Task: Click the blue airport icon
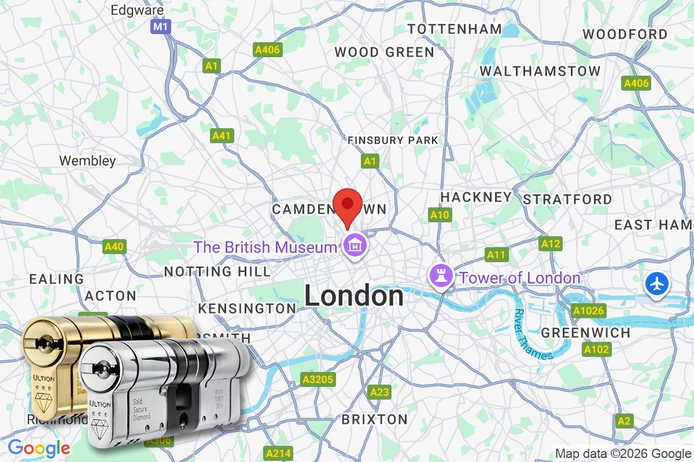pyautogui.click(x=658, y=284)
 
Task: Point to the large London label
pyautogui.click(x=354, y=296)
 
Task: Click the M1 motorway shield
pyautogui.click(x=160, y=27)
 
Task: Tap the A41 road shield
pyautogui.click(x=221, y=136)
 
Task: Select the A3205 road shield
pyautogui.click(x=318, y=379)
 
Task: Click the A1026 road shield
pyautogui.click(x=588, y=311)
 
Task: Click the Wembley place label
pyautogui.click(x=87, y=161)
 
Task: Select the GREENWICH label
pyautogui.click(x=585, y=333)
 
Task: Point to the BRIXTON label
pyautogui.click(x=374, y=419)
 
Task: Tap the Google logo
pyautogui.click(x=39, y=448)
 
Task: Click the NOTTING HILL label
pyautogui.click(x=217, y=271)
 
